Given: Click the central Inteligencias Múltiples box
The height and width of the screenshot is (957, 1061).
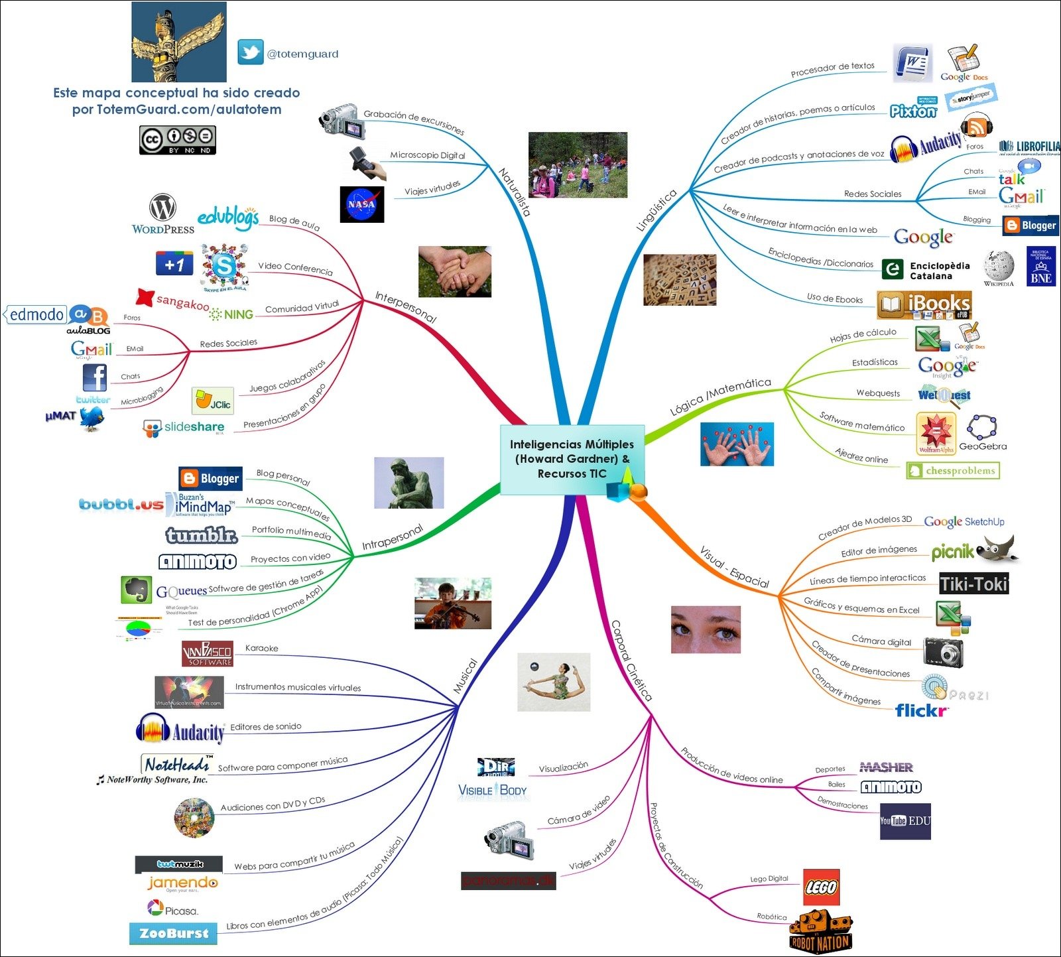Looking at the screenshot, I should coord(572,459).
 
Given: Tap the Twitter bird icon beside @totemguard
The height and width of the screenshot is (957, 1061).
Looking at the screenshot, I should coord(251,52).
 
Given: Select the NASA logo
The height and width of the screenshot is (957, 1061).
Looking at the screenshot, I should coord(361,204).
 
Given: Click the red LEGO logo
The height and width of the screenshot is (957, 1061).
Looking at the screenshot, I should coord(821,887).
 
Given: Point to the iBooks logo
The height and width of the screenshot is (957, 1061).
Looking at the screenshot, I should coord(924,305).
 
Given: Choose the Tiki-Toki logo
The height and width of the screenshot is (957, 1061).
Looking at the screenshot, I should coord(973,584).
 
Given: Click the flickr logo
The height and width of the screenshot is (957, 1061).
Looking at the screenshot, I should coord(921,710).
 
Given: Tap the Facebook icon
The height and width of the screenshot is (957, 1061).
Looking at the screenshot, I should coord(95,377).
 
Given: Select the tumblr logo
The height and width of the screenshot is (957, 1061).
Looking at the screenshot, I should coord(201,535).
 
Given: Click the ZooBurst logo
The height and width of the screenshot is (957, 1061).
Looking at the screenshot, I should coord(173,933).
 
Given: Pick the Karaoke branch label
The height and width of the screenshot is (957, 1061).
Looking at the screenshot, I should coord(261,648).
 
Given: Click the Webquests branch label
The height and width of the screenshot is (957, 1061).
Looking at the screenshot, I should coord(878,393).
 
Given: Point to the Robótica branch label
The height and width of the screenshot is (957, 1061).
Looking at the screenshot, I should coord(772,917).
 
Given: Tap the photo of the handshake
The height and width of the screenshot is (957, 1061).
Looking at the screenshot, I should coord(454,271).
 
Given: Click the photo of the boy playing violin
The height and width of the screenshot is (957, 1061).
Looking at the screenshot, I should coord(452,603).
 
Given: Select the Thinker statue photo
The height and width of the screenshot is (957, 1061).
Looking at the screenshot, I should coord(408,483).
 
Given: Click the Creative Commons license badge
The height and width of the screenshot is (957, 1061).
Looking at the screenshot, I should coord(177,140).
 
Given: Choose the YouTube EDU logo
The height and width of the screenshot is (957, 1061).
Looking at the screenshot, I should coord(905,821).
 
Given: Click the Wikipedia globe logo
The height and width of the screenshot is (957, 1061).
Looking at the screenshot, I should coord(998,267).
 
